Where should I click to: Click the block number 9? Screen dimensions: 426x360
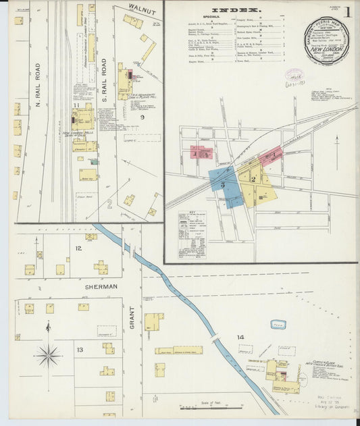142,117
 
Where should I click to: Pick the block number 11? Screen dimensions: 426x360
76,106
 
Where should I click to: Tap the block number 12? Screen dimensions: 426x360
78,249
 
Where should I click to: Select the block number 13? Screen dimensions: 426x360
79,349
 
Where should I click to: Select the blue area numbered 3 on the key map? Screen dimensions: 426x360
223,184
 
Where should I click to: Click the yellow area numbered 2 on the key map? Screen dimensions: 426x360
253,180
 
